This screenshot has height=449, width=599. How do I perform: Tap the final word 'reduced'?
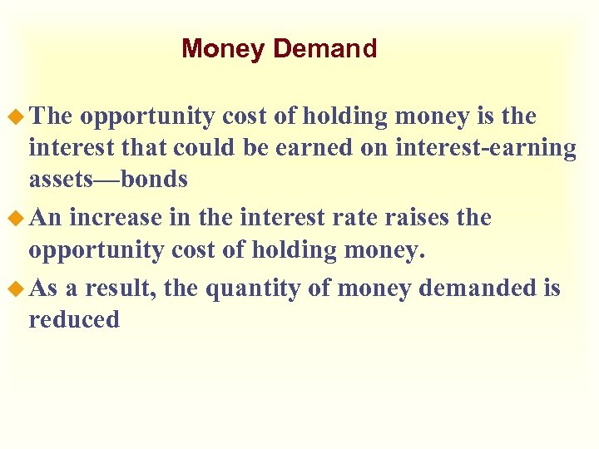[x=74, y=320]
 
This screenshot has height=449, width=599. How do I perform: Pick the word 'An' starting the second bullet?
[x=47, y=219]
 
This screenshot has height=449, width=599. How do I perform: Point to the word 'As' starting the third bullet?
[x=45, y=289]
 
